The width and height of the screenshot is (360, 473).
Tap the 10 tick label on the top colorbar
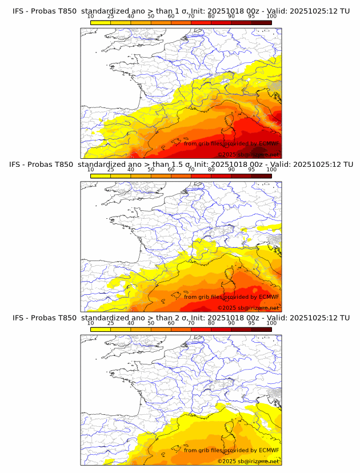(x=91, y=17)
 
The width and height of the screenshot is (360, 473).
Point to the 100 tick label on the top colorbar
(x=271, y=17)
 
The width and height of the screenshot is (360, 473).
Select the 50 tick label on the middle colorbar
(x=151, y=170)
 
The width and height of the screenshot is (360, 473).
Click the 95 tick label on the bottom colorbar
(x=251, y=323)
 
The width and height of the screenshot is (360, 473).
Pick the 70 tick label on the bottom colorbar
(x=191, y=323)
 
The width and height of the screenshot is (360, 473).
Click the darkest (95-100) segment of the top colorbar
(x=261, y=22)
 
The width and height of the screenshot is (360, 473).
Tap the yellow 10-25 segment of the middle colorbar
(x=101, y=175)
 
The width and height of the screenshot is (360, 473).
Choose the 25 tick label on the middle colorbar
(x=110, y=170)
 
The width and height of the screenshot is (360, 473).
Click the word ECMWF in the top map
(x=269, y=143)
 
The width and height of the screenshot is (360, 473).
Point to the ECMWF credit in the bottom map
(x=269, y=450)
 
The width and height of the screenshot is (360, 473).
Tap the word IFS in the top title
(x=19, y=11)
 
